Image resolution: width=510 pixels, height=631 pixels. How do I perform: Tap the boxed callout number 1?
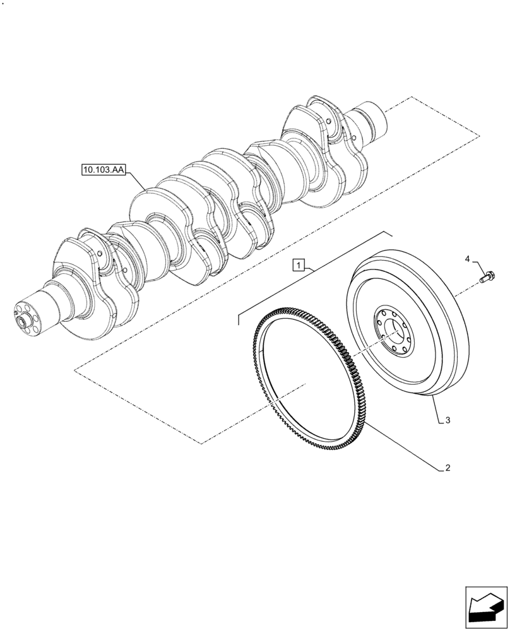299,264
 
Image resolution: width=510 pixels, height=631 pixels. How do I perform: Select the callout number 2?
447,468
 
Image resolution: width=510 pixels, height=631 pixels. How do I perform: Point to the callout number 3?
447,420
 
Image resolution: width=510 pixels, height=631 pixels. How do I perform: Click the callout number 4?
468,259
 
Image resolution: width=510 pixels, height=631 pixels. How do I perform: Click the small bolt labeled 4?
488,276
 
